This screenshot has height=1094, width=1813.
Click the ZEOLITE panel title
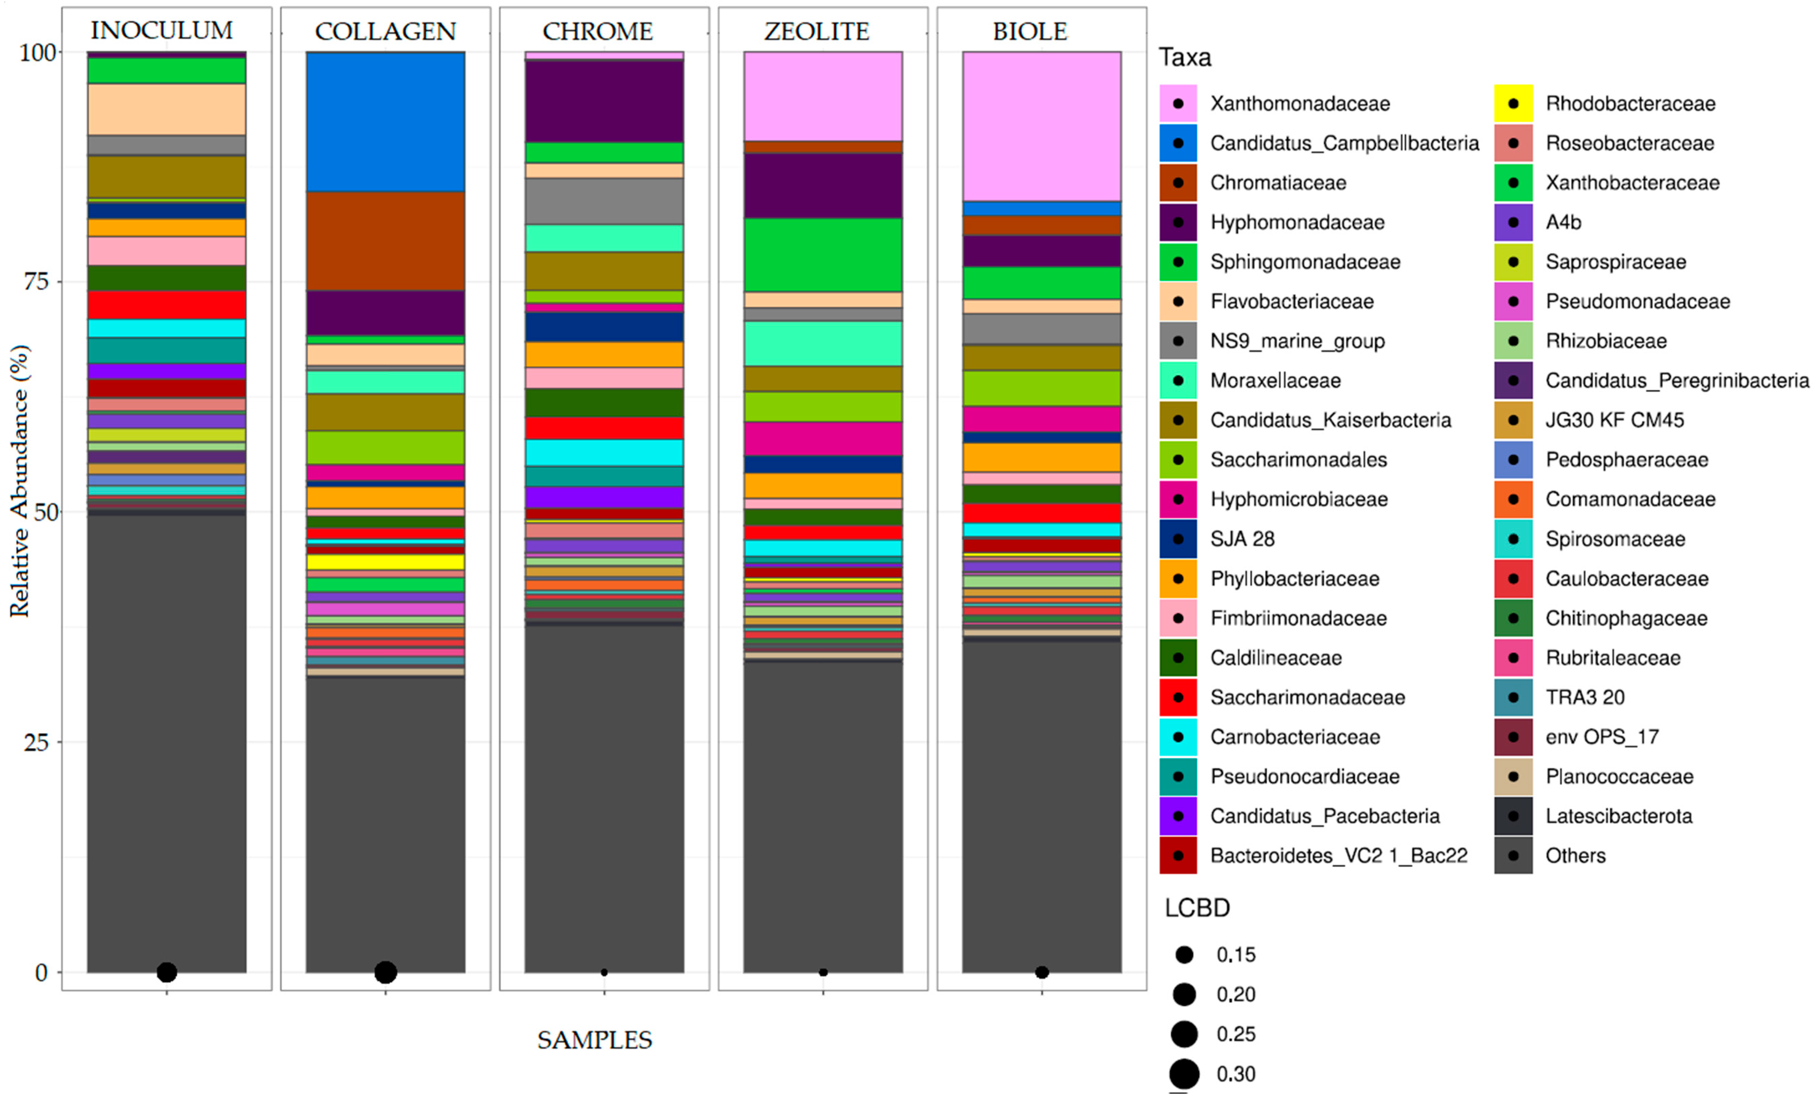pyautogui.click(x=817, y=32)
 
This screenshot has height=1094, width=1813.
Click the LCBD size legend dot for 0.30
pyautogui.click(x=1184, y=1074)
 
